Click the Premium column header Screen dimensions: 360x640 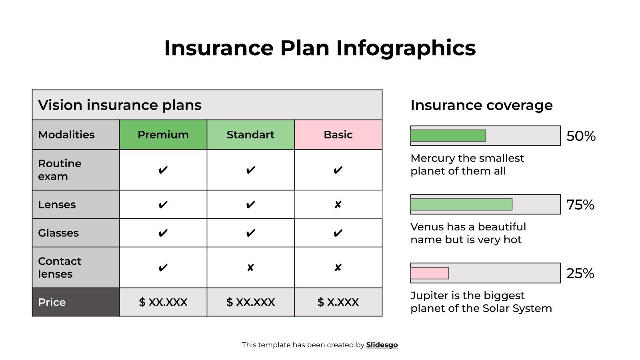(x=163, y=135)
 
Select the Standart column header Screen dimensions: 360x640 (x=250, y=135)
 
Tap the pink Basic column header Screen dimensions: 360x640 (x=338, y=135)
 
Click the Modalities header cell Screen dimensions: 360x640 (x=66, y=135)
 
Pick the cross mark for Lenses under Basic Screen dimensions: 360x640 (x=338, y=205)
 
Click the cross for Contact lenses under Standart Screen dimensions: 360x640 (x=250, y=268)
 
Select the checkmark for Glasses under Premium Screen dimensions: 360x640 (x=163, y=233)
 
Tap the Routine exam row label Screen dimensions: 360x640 (x=60, y=170)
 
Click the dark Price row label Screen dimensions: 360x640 (x=52, y=302)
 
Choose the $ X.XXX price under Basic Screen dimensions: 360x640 (x=338, y=302)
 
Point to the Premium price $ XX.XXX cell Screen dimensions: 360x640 (x=163, y=302)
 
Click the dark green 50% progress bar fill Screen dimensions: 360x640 (x=448, y=136)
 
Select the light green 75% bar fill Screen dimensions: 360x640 (x=461, y=204)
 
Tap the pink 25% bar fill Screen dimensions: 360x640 (x=429, y=273)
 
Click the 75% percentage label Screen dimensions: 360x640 (x=580, y=205)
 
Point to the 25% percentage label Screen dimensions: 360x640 (x=580, y=274)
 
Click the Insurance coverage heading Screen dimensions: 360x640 (x=481, y=105)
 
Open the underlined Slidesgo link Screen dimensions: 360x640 (x=382, y=345)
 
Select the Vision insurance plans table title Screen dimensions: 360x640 (x=120, y=105)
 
